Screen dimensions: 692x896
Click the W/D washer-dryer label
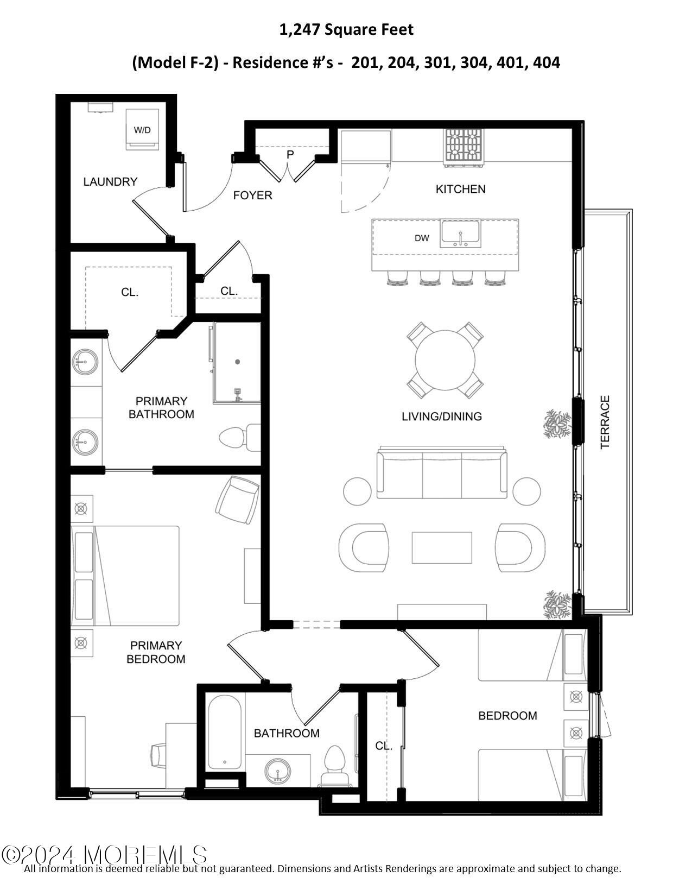coord(142,130)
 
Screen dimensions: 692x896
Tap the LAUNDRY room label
coord(110,182)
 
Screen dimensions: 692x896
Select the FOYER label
coord(253,195)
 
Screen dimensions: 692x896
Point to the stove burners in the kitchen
coord(464,145)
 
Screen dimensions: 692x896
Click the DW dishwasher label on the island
coord(422,238)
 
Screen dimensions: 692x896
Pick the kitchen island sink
coord(460,234)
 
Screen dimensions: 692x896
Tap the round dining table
coord(445,361)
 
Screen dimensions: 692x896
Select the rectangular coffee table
coord(442,547)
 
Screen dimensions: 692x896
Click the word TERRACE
coord(605,422)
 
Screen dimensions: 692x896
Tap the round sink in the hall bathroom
coord(278,772)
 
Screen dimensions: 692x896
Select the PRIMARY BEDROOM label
coord(156,652)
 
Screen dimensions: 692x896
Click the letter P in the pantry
coord(290,155)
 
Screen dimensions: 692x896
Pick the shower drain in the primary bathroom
coord(237,362)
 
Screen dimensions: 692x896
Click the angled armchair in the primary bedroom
coord(237,500)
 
